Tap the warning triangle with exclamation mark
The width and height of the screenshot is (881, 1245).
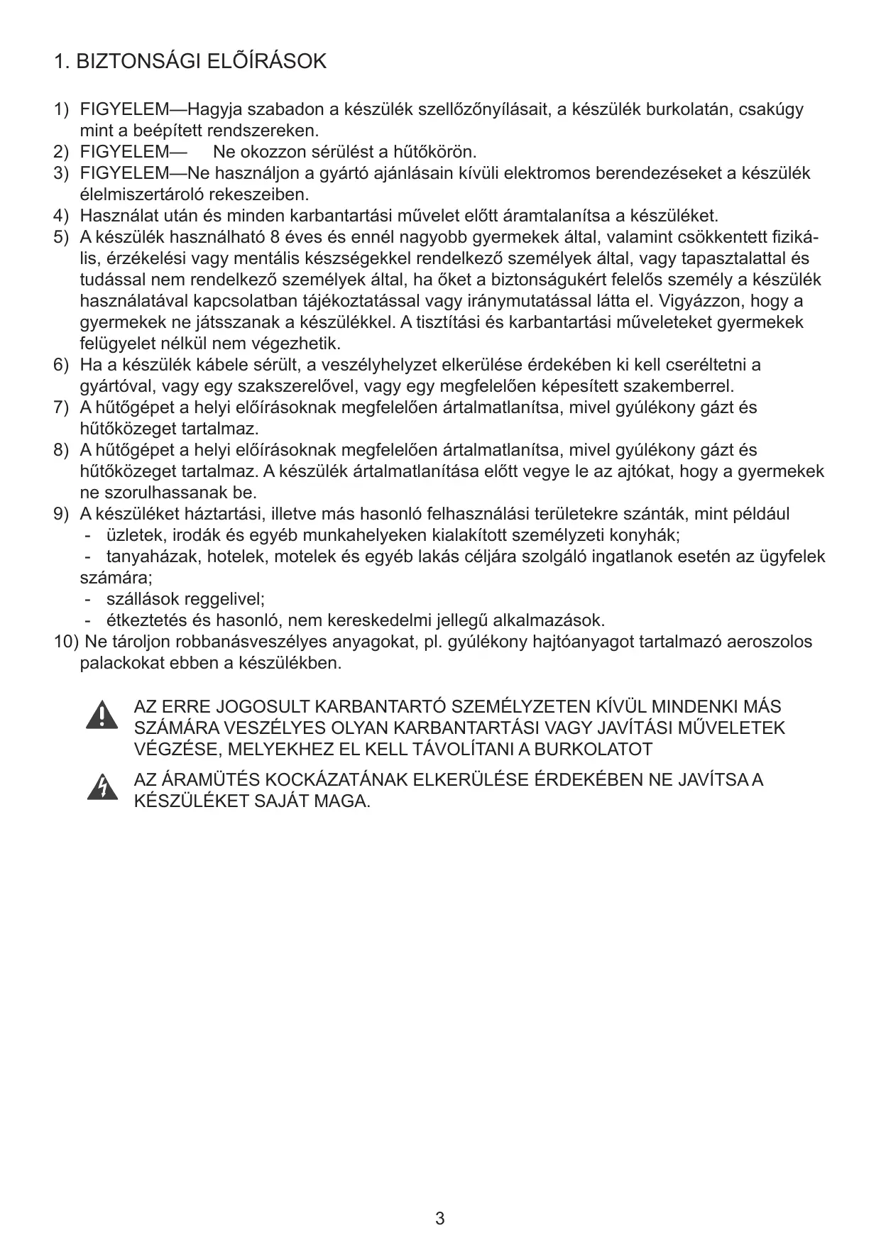click(x=102, y=715)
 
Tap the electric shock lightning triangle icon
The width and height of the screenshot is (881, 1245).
click(x=102, y=787)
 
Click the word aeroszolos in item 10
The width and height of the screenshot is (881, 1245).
click(x=770, y=642)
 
